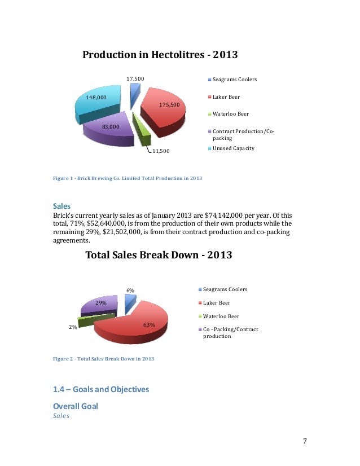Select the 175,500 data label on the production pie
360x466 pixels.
point(169,105)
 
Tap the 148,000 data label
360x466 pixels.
point(96,97)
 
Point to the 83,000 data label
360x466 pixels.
point(111,127)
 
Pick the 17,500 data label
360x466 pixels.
point(136,79)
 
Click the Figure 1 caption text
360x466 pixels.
point(128,178)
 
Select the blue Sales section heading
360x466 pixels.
point(62,206)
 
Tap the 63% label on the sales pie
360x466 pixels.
point(149,324)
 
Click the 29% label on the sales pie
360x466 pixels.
point(101,303)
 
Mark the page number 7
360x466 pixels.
point(304,441)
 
